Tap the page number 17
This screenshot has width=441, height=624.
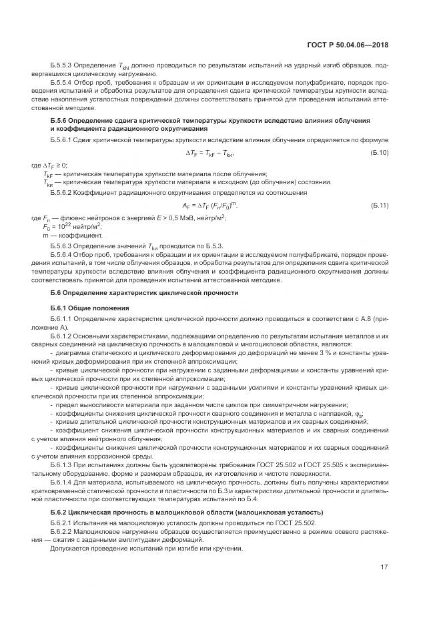pos(384,568)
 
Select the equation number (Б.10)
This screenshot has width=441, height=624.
pos(379,153)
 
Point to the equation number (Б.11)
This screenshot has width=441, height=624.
pos(379,206)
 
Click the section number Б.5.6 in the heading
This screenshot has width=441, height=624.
pos(60,119)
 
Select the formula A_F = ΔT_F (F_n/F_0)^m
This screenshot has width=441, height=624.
pos(209,206)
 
